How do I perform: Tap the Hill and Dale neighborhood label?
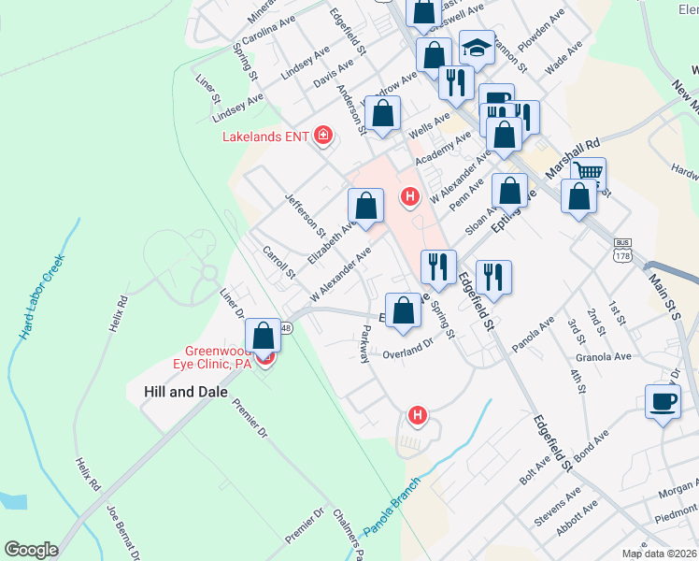[185, 392]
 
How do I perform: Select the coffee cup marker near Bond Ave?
[663, 402]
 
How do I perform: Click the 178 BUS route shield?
[623, 250]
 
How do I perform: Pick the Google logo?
[31, 550]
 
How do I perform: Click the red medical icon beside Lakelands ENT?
[323, 137]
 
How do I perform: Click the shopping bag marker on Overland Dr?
[403, 310]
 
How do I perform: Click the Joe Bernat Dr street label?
[124, 532]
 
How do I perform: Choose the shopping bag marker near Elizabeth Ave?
[365, 206]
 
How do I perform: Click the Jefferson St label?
[305, 214]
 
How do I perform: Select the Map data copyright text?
[660, 554]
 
